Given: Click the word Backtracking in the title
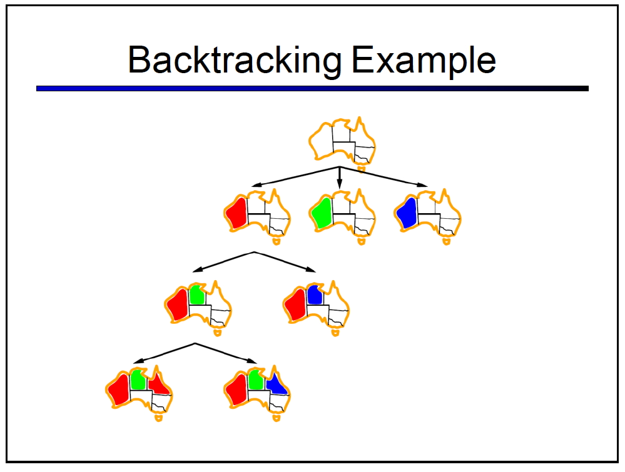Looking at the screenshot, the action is (x=235, y=61).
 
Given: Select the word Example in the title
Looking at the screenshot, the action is (x=424, y=61).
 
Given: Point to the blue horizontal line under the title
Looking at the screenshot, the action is (x=313, y=88).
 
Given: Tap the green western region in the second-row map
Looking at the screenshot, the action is (x=322, y=213).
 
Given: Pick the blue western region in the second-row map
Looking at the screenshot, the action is (x=407, y=213).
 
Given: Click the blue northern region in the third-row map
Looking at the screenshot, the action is (x=315, y=295).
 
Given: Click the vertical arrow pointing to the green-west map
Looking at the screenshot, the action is (x=339, y=178).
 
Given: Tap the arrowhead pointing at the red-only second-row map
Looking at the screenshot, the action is (x=257, y=184).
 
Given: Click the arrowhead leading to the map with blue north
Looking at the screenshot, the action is (x=311, y=269).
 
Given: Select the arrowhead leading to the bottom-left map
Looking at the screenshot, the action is (x=138, y=361).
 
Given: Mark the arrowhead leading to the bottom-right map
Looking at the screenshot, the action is (x=252, y=361).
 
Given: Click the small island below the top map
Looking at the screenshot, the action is (x=361, y=169).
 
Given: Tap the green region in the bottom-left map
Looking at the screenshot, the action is (x=138, y=379).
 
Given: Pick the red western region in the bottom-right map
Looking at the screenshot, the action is (x=236, y=389).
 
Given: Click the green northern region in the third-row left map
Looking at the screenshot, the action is (x=197, y=295).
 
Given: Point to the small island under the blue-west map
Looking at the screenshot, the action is (x=447, y=241).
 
